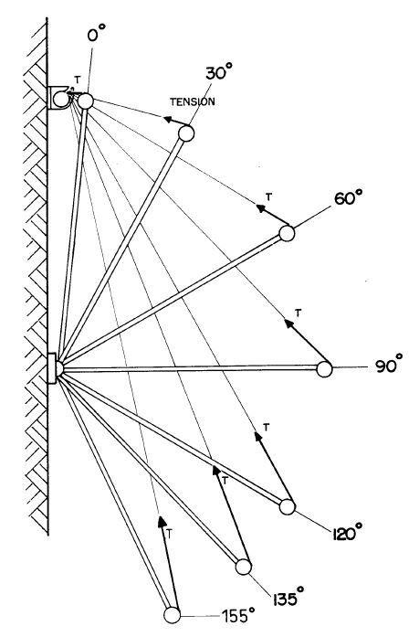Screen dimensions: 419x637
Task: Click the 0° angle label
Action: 96,32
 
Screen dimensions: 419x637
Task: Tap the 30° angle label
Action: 218,73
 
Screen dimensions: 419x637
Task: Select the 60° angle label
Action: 349,199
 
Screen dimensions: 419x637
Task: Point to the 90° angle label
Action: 389,365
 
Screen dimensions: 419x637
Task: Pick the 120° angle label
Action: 347,533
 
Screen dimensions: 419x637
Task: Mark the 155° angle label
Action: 238,615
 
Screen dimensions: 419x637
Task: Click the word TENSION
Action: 193,101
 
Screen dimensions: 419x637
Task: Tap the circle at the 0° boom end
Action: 86,101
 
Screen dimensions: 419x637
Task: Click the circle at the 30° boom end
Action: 186,133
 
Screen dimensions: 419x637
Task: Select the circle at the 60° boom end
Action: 287,234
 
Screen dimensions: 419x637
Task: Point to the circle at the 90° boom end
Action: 324,369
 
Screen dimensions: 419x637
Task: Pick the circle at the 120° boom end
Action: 288,506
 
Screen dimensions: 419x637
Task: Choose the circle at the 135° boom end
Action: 244,567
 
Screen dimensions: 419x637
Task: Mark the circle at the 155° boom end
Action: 172,615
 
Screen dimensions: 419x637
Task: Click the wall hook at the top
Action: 60,98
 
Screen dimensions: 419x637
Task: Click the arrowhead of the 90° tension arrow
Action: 289,324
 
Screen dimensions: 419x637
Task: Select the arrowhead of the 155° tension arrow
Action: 162,521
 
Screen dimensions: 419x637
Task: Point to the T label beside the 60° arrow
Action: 268,197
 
